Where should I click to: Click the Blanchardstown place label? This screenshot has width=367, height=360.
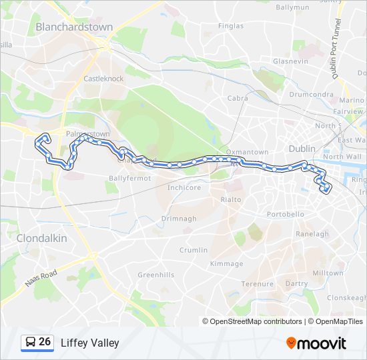(x=74, y=27)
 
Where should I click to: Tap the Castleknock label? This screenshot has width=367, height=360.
(x=103, y=79)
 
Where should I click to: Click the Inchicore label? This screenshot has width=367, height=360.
(x=184, y=188)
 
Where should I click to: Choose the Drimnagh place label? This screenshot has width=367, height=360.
(x=179, y=219)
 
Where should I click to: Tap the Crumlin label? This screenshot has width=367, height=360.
(x=193, y=250)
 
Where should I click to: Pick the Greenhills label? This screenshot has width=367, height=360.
(x=155, y=275)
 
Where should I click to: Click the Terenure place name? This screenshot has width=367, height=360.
(x=258, y=284)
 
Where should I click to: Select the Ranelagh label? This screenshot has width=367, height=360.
(x=312, y=234)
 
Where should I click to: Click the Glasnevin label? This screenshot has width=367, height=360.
(x=290, y=61)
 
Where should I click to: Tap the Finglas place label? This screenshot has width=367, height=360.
(x=231, y=26)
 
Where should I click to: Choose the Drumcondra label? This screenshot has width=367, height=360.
(x=311, y=94)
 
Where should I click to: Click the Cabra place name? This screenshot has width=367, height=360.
(x=238, y=98)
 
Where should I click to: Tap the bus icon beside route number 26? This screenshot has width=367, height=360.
(x=30, y=343)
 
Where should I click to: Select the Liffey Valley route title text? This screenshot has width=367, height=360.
(x=89, y=343)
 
